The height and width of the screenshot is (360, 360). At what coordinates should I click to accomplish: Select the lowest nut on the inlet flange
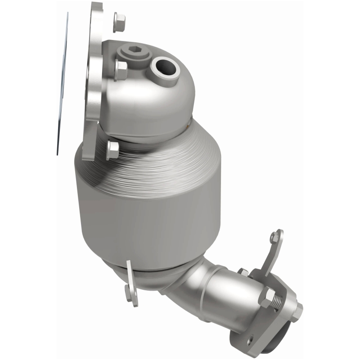tap(113, 149)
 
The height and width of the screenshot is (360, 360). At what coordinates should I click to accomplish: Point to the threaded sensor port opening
tap(162, 68)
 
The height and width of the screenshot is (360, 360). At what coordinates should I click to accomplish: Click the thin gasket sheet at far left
tap(63, 85)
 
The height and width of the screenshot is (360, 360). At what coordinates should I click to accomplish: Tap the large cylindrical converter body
tap(148, 202)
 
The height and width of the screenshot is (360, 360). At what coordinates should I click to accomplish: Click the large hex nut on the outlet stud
tap(267, 298)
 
